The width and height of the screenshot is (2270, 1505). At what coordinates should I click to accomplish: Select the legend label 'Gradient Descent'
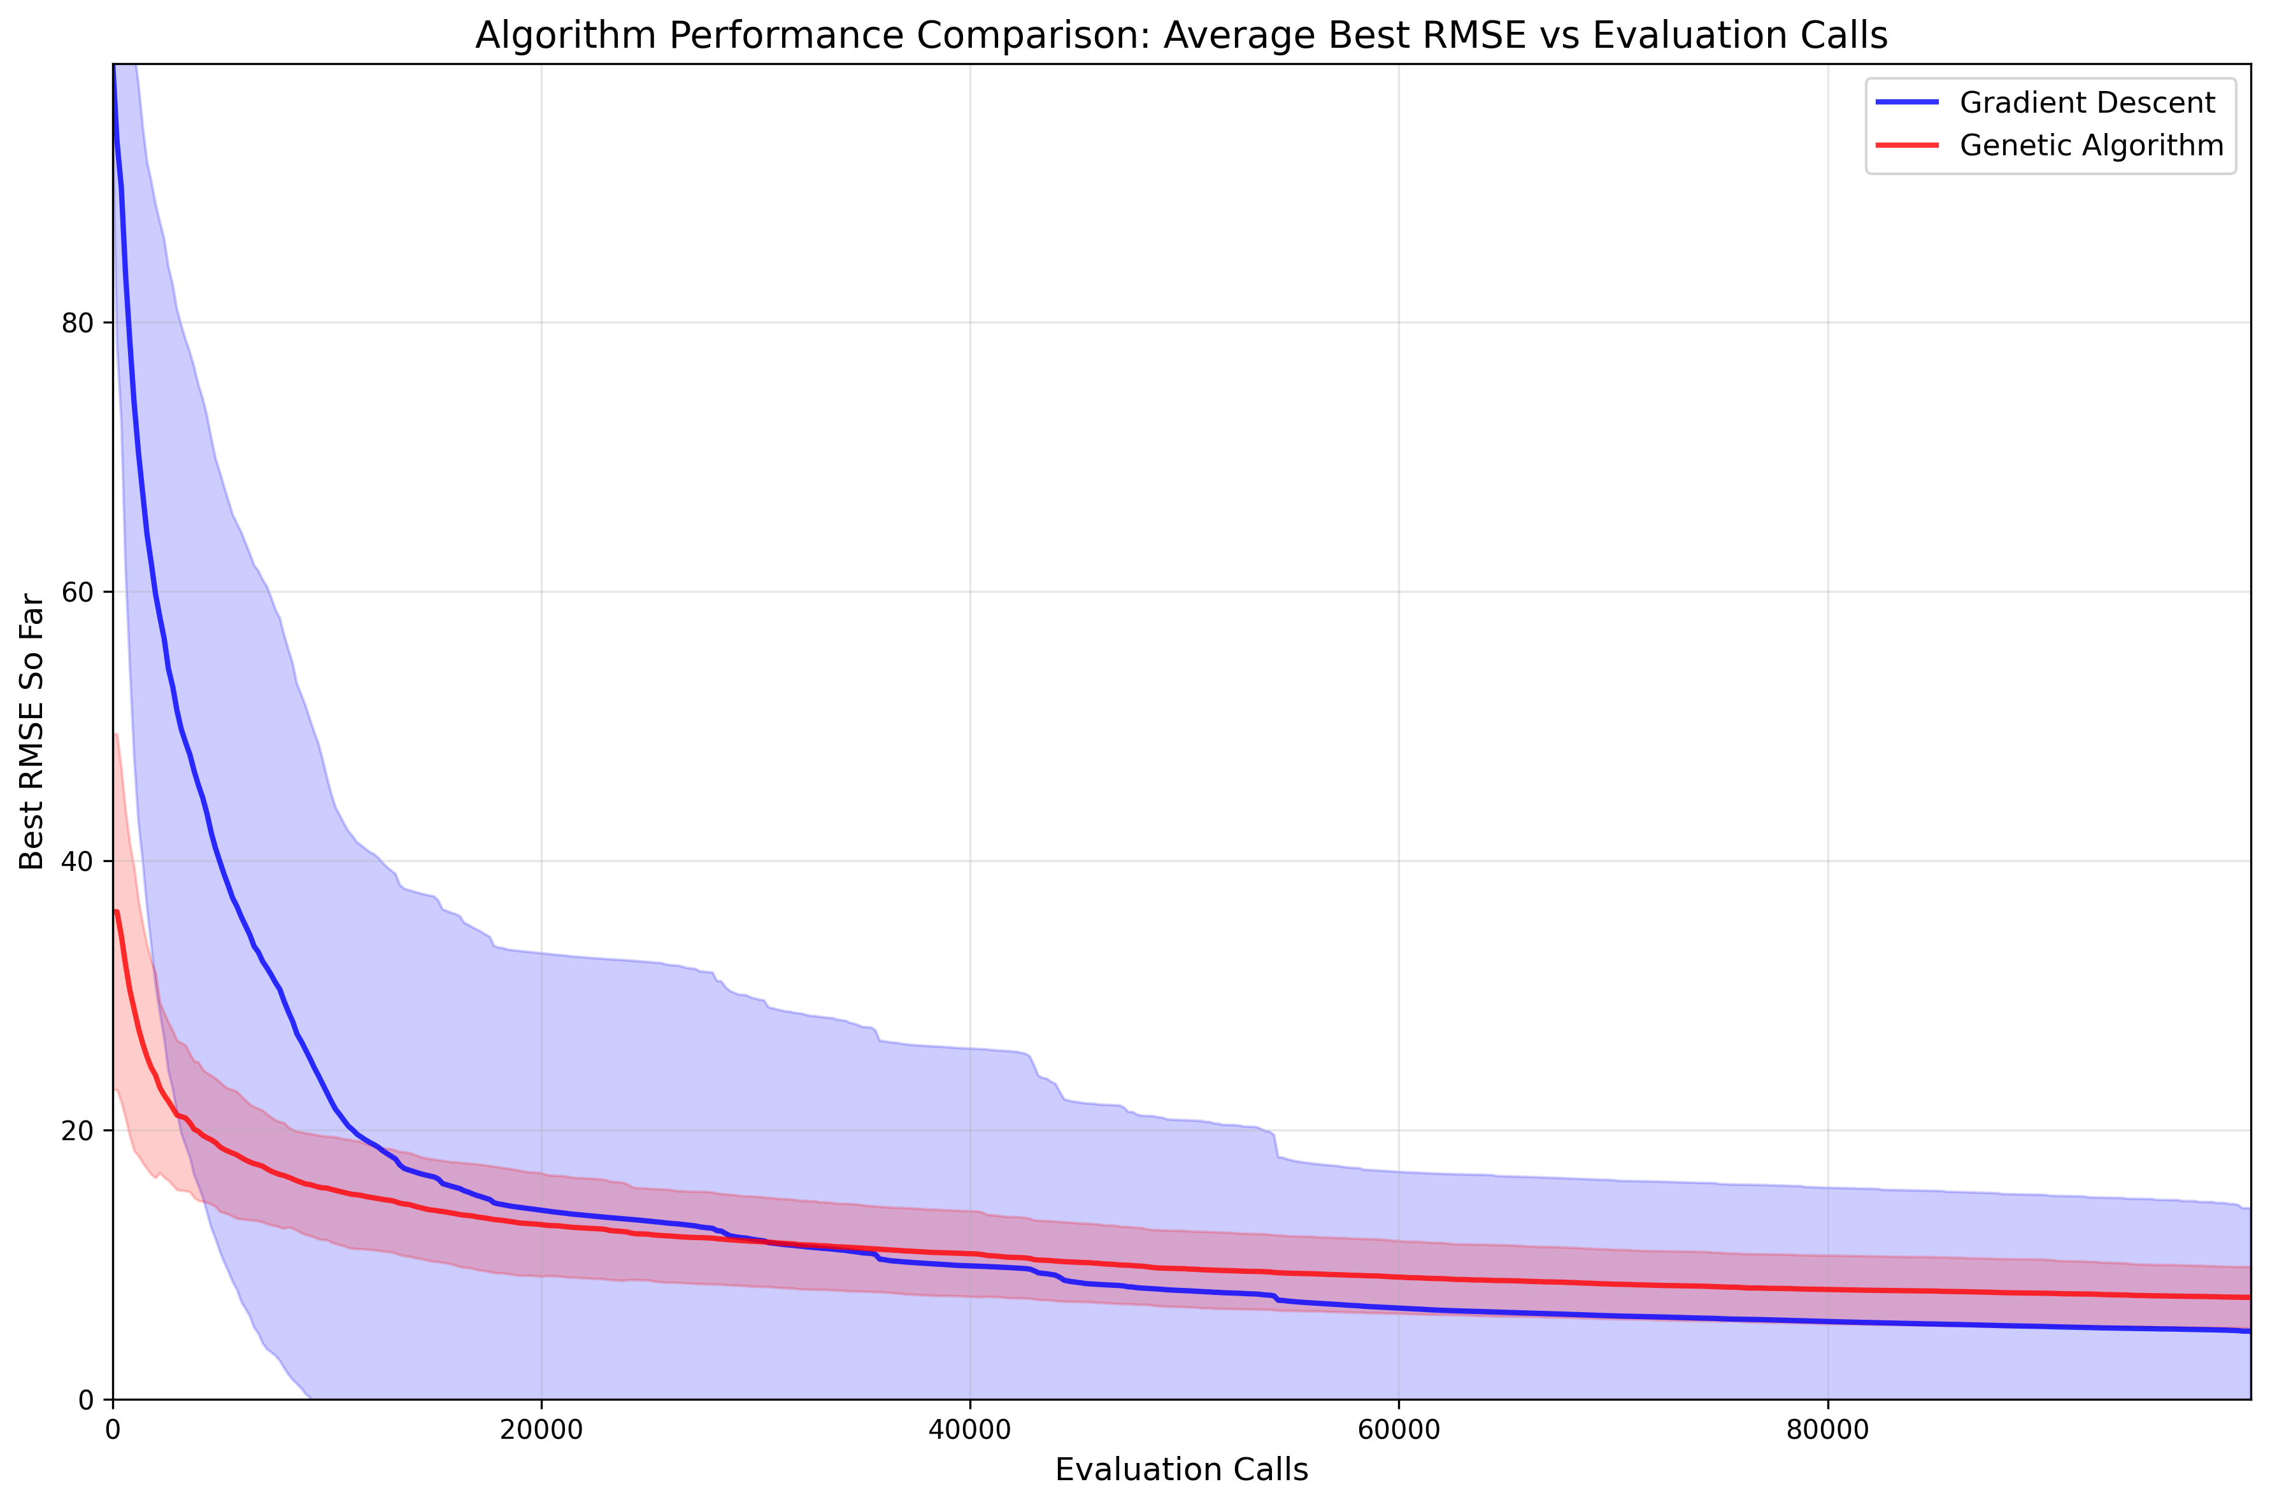pyautogui.click(x=2088, y=102)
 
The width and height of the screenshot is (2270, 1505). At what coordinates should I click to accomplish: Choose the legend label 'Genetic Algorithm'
pyautogui.click(x=2092, y=146)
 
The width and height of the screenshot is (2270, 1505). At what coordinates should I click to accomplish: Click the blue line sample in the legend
pyautogui.click(x=1907, y=102)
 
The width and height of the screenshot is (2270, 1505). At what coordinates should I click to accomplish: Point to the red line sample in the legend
pyautogui.click(x=1907, y=146)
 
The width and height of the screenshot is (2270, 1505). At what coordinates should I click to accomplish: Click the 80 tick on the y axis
pyautogui.click(x=78, y=323)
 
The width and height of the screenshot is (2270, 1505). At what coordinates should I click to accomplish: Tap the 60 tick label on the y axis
pyautogui.click(x=78, y=592)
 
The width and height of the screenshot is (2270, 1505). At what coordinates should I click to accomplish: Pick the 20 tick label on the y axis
pyautogui.click(x=78, y=1131)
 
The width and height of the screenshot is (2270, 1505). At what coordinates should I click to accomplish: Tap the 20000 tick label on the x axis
pyautogui.click(x=541, y=1430)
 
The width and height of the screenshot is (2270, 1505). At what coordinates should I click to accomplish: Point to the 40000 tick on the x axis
pyautogui.click(x=970, y=1430)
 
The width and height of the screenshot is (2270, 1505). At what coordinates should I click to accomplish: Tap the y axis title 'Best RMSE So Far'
pyautogui.click(x=32, y=731)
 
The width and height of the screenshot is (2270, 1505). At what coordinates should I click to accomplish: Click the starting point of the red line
pyautogui.click(x=115, y=911)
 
